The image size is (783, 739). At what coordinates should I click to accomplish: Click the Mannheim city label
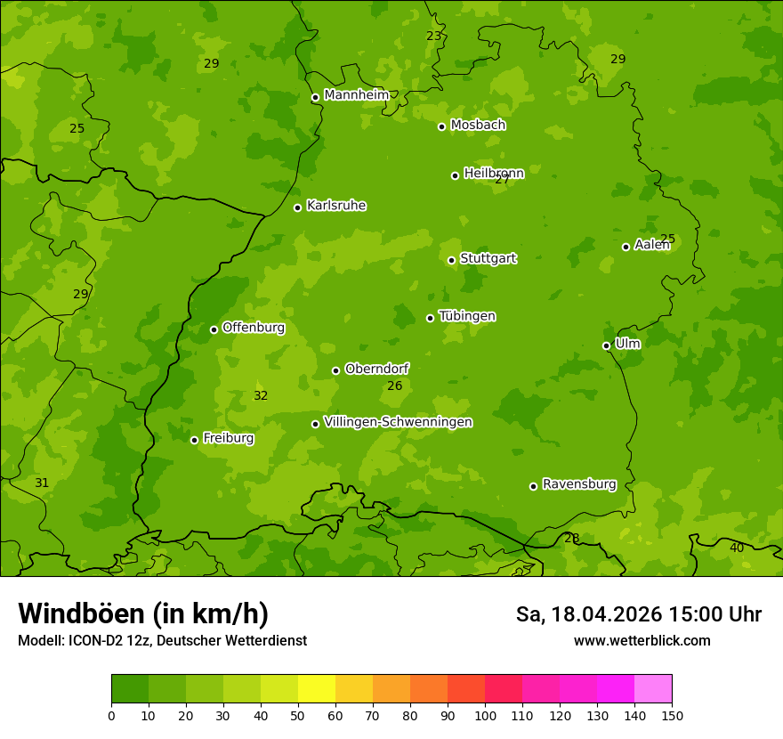pos(356,95)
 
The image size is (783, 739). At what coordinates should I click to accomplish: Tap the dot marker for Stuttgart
pos(452,260)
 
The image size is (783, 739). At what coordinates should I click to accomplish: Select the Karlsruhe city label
pos(335,206)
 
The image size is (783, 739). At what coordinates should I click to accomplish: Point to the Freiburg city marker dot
pos(194,440)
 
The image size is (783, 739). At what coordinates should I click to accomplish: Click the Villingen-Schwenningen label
pos(398,422)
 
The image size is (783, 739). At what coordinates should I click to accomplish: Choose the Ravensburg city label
pos(578,484)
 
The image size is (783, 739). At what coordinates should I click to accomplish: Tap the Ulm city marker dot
pos(607,345)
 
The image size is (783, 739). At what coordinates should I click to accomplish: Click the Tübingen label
pos(466,316)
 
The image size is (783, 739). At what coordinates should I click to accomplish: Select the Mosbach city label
pos(478,126)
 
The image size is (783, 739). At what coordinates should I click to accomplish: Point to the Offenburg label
pos(253,328)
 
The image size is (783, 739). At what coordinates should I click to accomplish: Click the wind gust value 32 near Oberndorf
pos(261,396)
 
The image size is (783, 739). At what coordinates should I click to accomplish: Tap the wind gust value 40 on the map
pos(737,548)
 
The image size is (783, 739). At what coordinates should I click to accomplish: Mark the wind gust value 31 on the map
pos(42,483)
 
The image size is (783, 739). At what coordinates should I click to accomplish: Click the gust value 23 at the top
pos(433,37)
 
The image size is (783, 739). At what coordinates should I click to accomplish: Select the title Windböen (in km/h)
pos(143,613)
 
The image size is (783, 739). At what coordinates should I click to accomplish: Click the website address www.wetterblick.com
pos(642,640)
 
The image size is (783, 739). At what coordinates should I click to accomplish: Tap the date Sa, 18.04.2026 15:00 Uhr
pos(638,614)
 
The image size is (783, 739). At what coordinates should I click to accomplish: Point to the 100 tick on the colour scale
pos(485,715)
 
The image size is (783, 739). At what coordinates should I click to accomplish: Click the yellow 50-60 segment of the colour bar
pos(317,689)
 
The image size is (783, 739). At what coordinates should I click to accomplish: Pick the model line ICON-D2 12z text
pos(162,640)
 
